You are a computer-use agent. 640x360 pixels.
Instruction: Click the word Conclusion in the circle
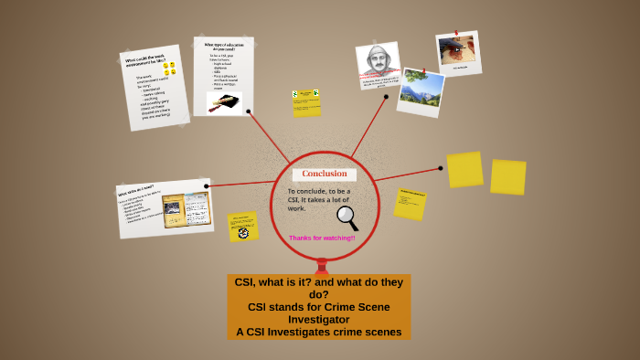point(325,174)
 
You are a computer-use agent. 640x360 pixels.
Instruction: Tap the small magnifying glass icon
point(347,217)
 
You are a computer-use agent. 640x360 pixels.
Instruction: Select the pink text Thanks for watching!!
point(322,238)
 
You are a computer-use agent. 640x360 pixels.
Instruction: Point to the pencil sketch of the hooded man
point(376,62)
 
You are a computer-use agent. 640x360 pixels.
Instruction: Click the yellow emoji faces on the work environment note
point(168,69)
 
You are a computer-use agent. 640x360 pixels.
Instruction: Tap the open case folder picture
point(186,209)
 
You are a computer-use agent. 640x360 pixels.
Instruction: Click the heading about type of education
point(222,46)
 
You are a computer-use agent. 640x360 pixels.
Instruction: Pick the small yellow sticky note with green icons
point(306,101)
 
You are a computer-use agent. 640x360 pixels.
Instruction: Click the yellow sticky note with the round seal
point(242,226)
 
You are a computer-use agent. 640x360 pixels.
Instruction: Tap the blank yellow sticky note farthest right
point(507,176)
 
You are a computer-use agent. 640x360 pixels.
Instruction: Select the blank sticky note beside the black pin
point(464,169)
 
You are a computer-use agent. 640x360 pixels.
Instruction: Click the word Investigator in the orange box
point(319,320)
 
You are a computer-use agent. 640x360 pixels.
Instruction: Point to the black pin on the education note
point(249,111)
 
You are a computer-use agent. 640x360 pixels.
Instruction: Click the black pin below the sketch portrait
point(386,96)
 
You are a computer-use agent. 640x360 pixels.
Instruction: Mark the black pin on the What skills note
point(207,186)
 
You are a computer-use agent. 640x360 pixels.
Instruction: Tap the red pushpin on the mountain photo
point(423,69)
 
